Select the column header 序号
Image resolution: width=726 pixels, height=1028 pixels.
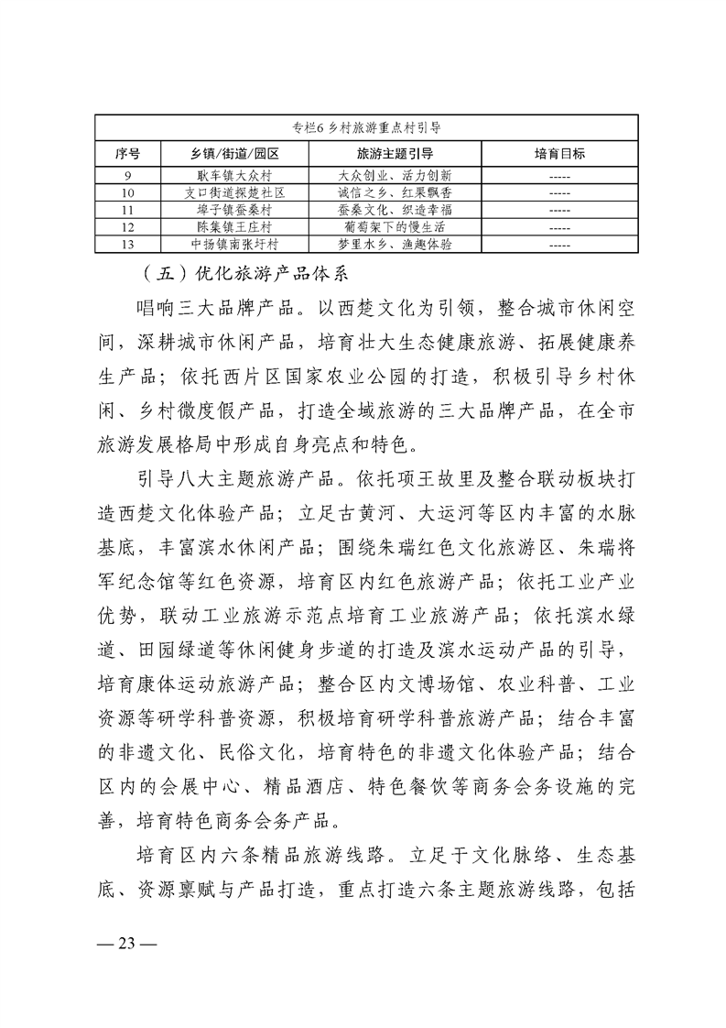(128, 152)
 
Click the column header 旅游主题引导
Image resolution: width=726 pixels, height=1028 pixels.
(396, 152)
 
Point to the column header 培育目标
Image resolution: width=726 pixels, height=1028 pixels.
(559, 152)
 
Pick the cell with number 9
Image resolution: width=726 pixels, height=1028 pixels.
(128, 174)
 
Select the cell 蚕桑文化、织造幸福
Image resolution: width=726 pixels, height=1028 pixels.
(396, 209)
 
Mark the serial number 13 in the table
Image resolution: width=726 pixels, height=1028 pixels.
(128, 244)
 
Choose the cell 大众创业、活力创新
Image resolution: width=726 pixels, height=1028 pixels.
(396, 174)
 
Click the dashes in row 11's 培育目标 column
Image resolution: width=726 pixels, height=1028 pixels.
(559, 209)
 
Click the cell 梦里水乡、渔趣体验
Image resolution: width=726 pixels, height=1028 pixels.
(396, 244)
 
